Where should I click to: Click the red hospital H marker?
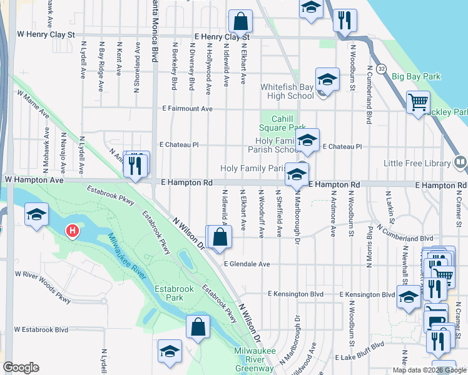coord(73,232)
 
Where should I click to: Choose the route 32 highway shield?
coord(381,67)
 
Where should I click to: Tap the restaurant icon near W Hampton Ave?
coord(136,165)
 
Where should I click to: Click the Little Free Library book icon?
coord(460,163)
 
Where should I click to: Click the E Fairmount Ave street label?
coord(185,109)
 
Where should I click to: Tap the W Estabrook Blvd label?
coord(41,329)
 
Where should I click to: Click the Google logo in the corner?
coord(21,367)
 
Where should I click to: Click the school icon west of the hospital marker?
coord(37,215)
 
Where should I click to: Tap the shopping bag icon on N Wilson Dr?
coord(220,237)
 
